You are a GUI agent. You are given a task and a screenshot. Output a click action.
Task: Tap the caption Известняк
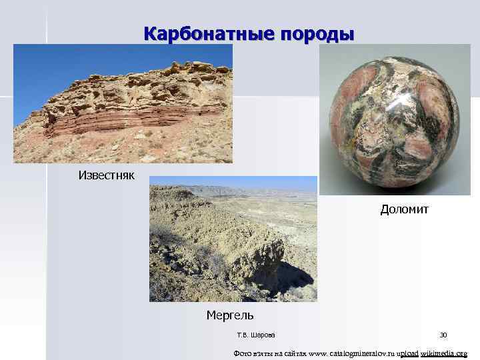[x=107, y=175]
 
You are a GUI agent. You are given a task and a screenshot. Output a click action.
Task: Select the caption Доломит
[x=405, y=209]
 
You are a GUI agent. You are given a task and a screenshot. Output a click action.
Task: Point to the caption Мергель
[x=230, y=314]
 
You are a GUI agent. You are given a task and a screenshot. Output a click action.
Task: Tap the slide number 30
[x=443, y=335]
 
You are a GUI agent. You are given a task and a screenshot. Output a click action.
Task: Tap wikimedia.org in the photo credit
[x=444, y=353]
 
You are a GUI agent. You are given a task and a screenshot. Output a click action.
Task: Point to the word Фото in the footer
[x=242, y=353]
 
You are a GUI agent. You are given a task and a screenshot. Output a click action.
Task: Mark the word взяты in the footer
[x=263, y=353]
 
